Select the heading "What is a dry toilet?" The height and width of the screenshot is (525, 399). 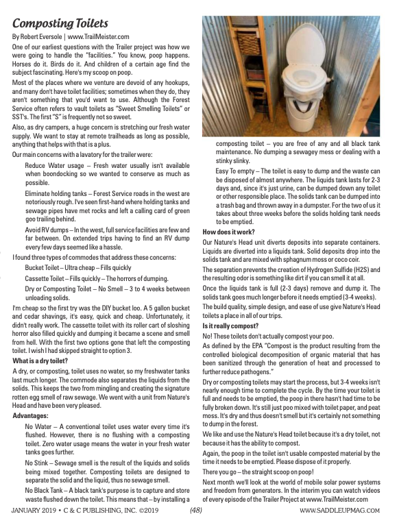(x=41, y=361)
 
